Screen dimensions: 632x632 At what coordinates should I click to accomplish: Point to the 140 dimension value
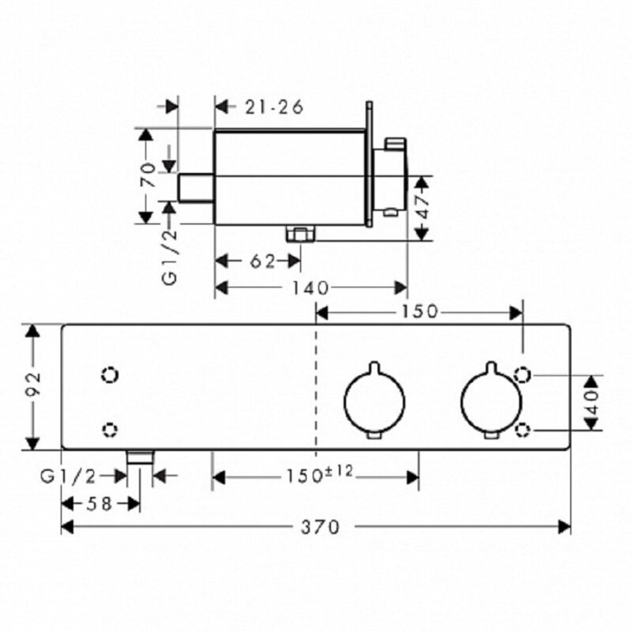coord(310,287)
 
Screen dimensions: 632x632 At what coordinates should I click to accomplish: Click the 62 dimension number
coord(263,261)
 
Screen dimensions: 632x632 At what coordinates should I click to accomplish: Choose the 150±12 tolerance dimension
coord(319,476)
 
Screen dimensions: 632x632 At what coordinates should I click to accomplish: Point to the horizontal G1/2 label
coord(69,475)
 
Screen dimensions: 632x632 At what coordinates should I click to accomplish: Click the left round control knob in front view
coord(374,400)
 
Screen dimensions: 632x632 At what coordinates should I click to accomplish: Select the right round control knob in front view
coord(490,400)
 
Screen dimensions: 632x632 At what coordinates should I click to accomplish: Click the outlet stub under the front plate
coord(140,456)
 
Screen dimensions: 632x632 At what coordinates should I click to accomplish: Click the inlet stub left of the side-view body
coord(196,189)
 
